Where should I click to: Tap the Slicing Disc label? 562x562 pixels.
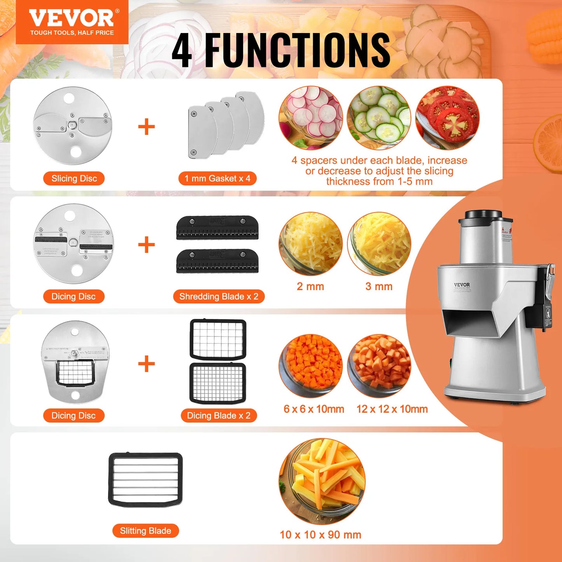(74, 179)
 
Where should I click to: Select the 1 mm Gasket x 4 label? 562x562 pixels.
(217, 179)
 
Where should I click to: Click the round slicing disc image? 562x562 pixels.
(73, 126)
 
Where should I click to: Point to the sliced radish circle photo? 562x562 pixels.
(311, 118)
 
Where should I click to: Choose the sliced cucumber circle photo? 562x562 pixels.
(379, 118)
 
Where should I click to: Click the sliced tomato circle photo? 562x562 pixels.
(447, 118)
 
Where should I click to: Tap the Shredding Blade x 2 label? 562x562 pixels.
(219, 296)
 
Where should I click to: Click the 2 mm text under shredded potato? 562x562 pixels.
(310, 287)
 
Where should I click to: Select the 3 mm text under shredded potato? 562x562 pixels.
(379, 287)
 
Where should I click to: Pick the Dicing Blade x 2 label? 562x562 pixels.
(219, 415)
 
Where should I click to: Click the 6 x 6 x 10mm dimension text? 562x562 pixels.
(313, 409)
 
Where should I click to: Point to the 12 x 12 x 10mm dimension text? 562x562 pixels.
(392, 409)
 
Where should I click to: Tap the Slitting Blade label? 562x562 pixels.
(145, 531)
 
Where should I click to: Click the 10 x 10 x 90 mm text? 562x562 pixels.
(320, 535)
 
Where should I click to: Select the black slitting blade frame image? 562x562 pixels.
(145, 480)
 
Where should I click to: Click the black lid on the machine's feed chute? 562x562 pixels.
(483, 214)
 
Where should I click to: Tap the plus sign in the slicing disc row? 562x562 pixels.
(147, 127)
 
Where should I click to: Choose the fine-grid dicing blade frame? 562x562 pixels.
(218, 383)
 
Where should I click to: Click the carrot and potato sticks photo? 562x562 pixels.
(322, 481)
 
